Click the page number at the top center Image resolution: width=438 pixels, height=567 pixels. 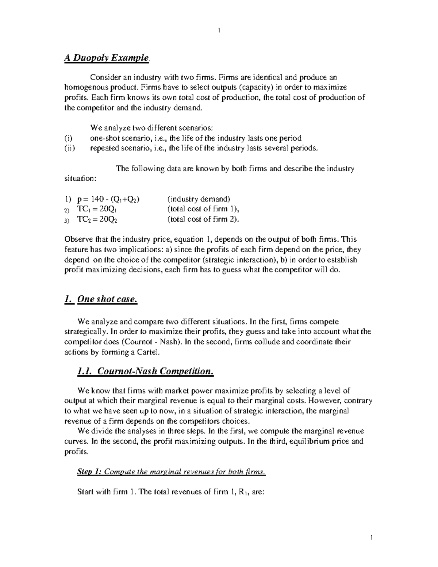[219, 30]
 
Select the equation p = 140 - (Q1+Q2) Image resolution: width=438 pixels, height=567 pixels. [108, 199]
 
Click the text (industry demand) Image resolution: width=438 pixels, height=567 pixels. [199, 199]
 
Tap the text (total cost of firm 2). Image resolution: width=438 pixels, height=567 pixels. [203, 219]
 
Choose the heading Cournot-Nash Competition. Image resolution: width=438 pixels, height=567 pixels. [145, 371]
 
